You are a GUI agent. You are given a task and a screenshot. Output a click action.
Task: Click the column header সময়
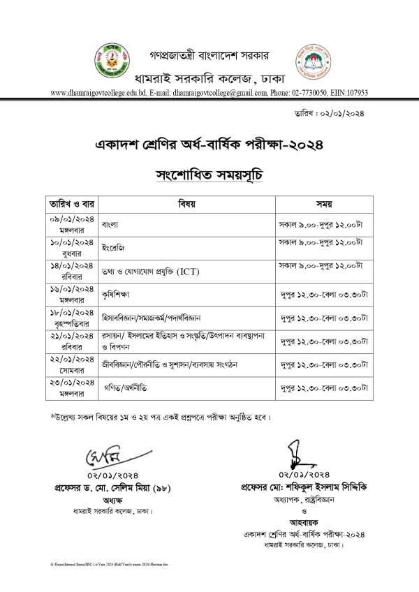323,205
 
